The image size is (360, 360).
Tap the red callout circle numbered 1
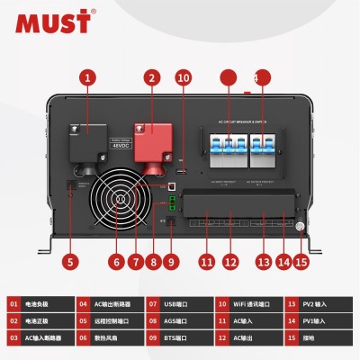pos(87,77)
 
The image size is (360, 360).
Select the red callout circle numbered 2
pos(151,77)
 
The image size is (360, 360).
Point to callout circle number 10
pos(183,77)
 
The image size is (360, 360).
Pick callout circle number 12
pos(230,262)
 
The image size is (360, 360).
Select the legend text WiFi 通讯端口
pos(254,305)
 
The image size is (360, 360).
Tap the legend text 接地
pos(316,337)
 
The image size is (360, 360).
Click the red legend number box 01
pos(15,305)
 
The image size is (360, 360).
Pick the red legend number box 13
pos(292,305)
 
